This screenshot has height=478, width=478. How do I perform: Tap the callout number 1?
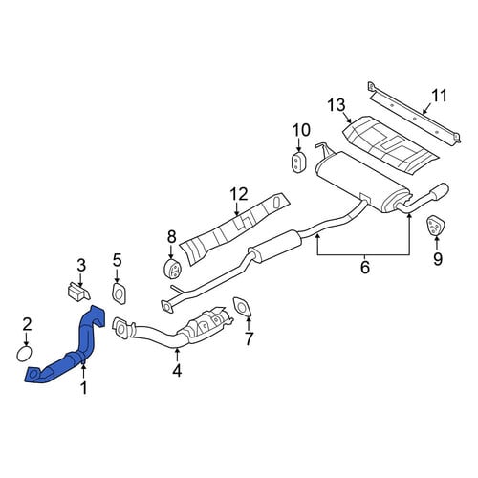pos(84,388)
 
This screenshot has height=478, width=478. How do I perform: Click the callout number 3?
pos(81,265)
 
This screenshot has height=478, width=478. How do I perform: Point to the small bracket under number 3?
pos(78,291)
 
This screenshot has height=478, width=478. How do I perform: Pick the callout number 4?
pos(177,370)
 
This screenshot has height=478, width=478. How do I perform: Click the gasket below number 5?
pos(119,293)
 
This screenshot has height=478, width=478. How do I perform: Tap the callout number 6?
pos(365,267)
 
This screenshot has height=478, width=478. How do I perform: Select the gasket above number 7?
pos(242,308)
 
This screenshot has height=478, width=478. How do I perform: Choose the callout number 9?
pos(438,259)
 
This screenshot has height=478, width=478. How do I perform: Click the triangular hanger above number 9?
pos(435,226)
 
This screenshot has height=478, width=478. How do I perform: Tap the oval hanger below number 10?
pos(298,163)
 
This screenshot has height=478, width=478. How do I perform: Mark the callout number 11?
pos(439,96)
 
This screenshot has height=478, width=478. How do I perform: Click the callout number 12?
pos(239,194)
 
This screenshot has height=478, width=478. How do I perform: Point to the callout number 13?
pos(337,105)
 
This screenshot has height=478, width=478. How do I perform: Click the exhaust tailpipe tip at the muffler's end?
pos(440,190)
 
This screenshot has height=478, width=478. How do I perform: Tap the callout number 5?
pos(117,261)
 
